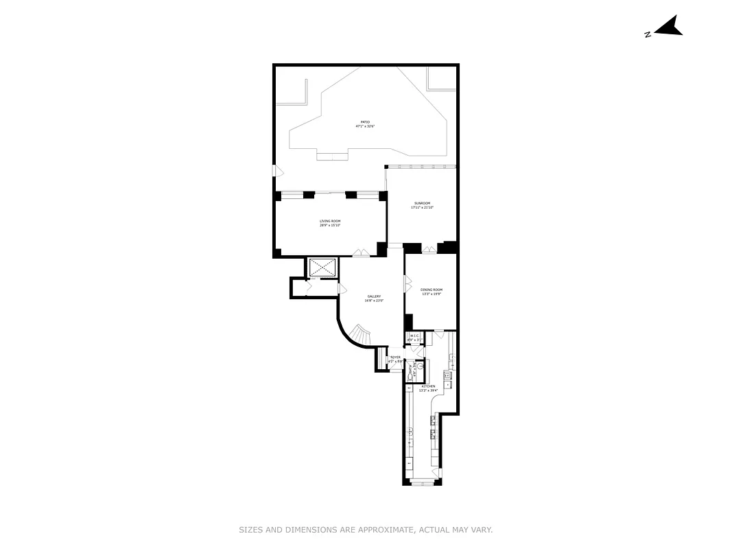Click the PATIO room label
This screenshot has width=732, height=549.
(365, 121)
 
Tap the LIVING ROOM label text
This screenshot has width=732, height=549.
(330, 221)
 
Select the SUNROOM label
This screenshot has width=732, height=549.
(423, 203)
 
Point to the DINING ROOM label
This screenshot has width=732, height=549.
(432, 290)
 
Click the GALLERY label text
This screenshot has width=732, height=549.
(374, 296)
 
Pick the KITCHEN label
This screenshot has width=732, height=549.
(429, 387)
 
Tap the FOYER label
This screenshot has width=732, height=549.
(395, 358)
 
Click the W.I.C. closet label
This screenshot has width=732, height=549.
(414, 336)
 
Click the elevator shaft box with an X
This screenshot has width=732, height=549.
(322, 267)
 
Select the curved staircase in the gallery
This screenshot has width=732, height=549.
(359, 336)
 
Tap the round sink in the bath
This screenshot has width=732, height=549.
(420, 366)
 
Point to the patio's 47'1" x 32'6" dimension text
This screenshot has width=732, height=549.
(365, 126)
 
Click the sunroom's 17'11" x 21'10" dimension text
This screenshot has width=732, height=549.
(423, 207)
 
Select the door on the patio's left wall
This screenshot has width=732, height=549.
(274, 170)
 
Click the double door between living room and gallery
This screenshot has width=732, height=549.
(361, 253)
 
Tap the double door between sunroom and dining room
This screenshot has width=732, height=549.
(429, 250)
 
